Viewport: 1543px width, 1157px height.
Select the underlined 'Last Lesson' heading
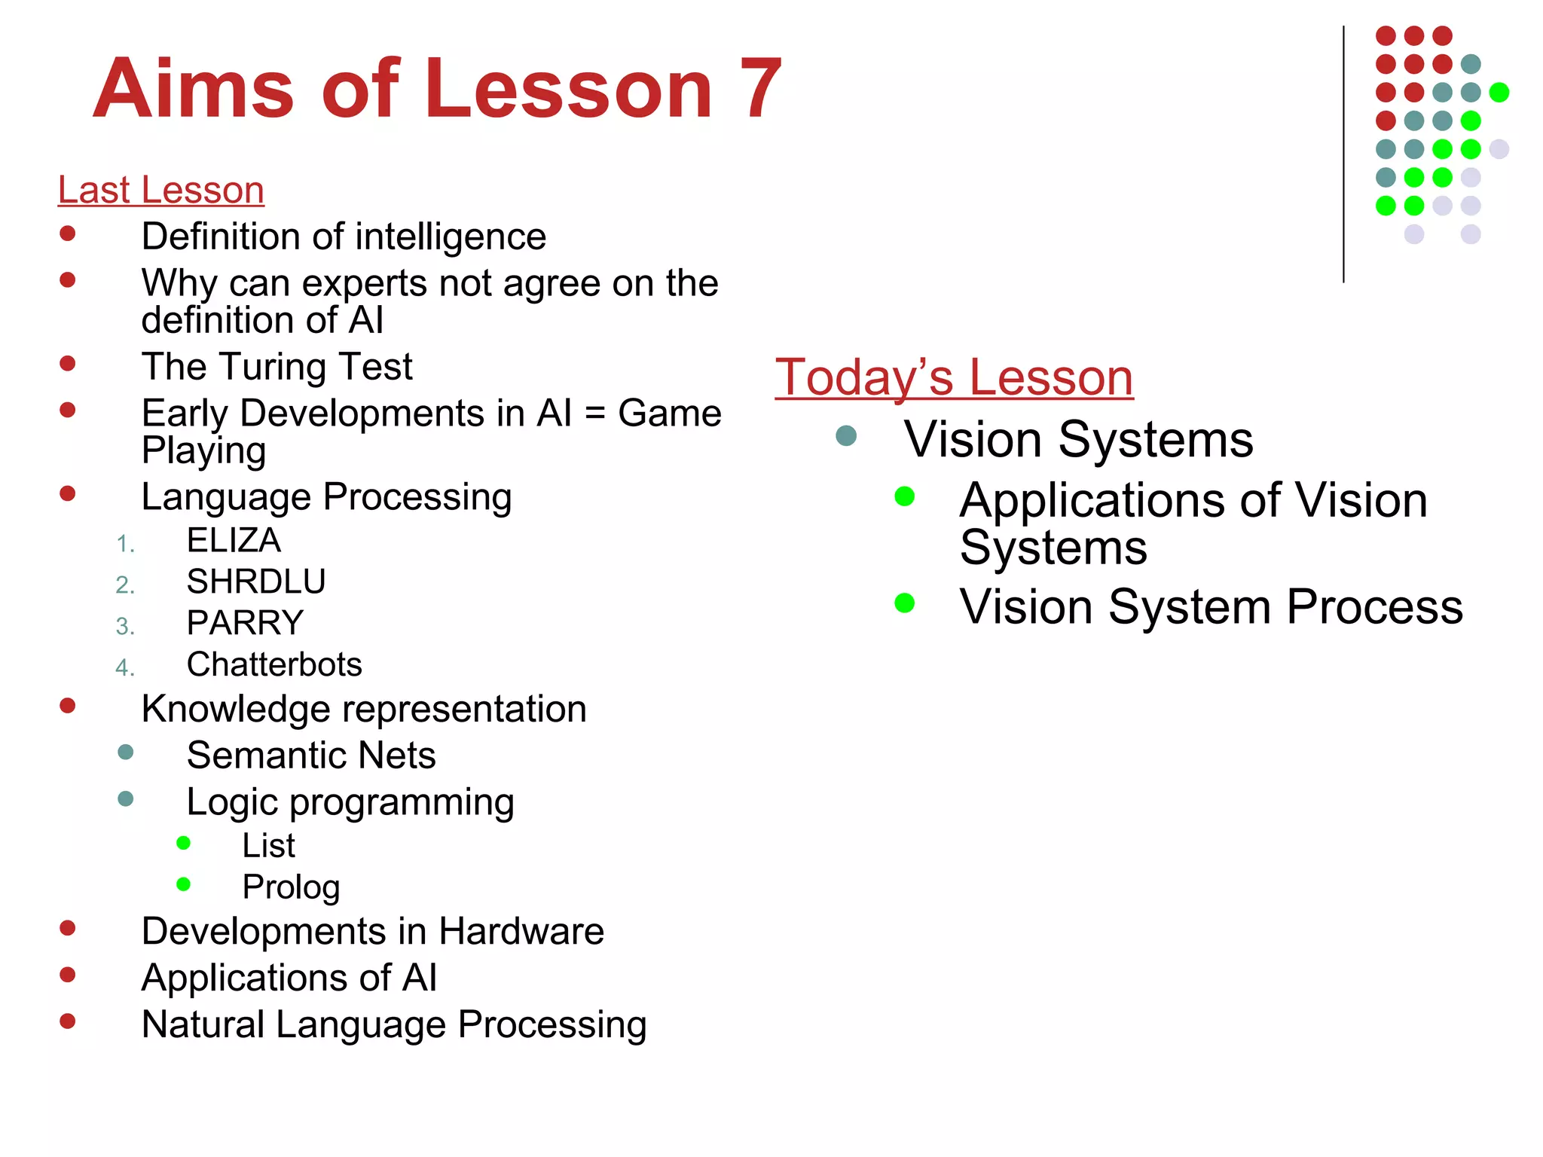coord(160,190)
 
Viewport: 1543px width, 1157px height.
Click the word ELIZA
coord(234,540)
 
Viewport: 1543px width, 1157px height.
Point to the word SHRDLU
coord(256,582)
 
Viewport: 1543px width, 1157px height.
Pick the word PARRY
coord(245,623)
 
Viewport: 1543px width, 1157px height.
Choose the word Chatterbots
coord(274,664)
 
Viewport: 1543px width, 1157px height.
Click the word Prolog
coord(291,887)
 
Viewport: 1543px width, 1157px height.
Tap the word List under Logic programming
coord(268,846)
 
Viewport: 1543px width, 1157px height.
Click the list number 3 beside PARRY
coord(124,626)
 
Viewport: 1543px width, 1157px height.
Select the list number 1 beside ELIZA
coord(125,544)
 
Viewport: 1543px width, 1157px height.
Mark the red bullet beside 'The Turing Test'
coord(68,364)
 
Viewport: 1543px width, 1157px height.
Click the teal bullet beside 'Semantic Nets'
coord(126,753)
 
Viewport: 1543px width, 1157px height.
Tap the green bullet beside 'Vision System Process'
coord(904,603)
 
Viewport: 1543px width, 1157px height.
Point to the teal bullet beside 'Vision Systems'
coord(846,435)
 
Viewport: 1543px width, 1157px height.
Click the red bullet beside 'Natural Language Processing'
coord(68,1021)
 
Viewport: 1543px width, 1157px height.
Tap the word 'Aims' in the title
coord(193,90)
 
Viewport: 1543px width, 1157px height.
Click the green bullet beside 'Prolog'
coord(183,884)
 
